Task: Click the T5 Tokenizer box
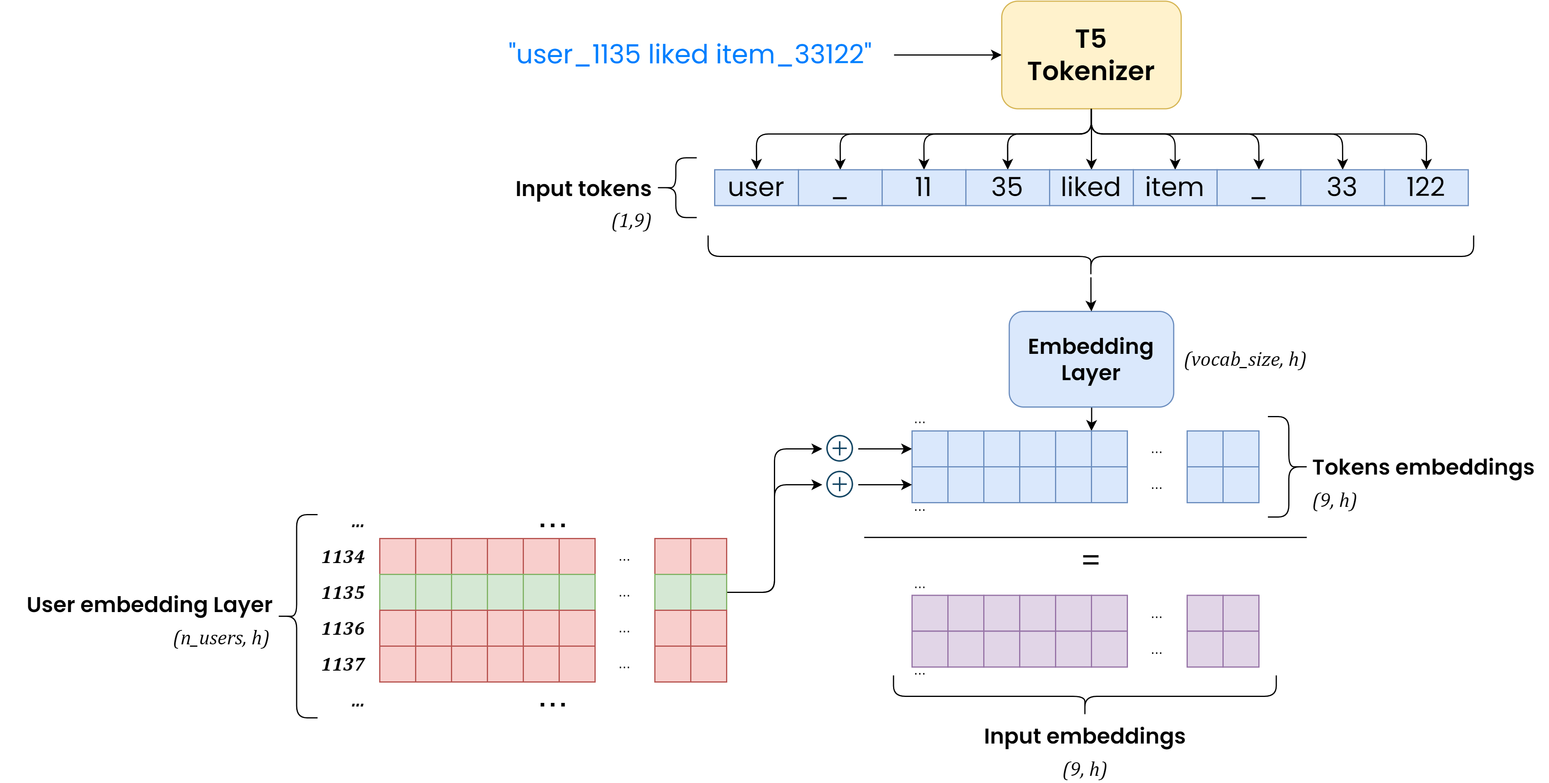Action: click(x=1091, y=55)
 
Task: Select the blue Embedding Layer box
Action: click(x=1091, y=359)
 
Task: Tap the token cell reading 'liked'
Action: click(x=1091, y=188)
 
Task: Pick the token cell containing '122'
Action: click(x=1426, y=188)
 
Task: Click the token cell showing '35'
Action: click(x=1007, y=188)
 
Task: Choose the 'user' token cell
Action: click(x=756, y=188)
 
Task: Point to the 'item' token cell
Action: click(x=1174, y=188)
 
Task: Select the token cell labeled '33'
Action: click(x=1342, y=188)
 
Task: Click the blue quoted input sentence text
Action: click(x=690, y=55)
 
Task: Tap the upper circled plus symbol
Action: click(x=839, y=448)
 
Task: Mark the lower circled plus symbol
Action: click(x=839, y=484)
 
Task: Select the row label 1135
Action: click(x=343, y=593)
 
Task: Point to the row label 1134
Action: click(x=343, y=557)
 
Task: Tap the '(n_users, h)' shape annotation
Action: click(x=220, y=638)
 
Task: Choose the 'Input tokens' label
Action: click(x=583, y=189)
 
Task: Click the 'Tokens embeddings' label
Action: click(x=1423, y=467)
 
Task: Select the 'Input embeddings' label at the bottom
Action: click(x=1084, y=736)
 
